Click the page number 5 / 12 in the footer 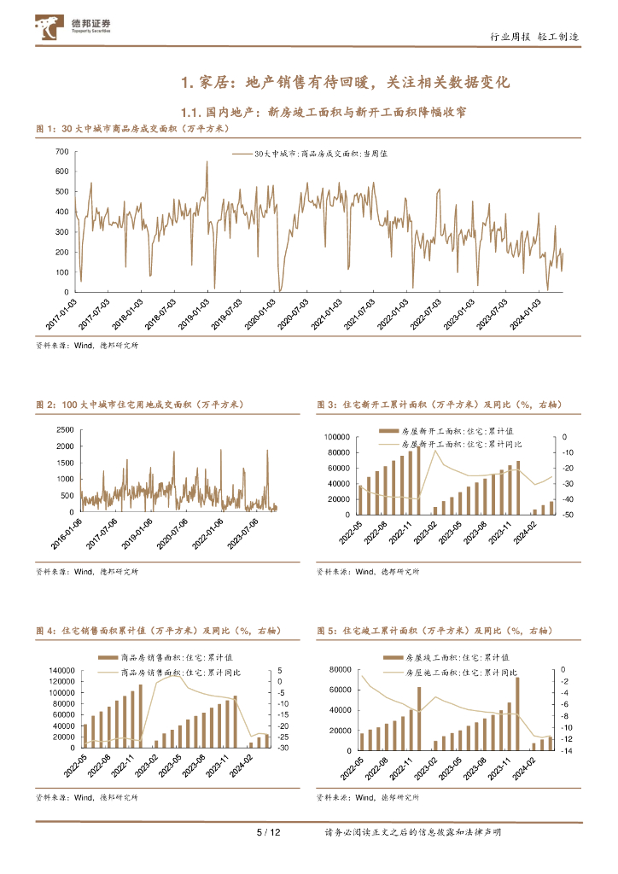click(x=269, y=832)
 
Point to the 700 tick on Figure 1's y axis click(x=62, y=151)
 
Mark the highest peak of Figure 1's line click(x=207, y=161)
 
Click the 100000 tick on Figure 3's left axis click(x=337, y=437)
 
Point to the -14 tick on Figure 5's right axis click(x=566, y=750)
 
